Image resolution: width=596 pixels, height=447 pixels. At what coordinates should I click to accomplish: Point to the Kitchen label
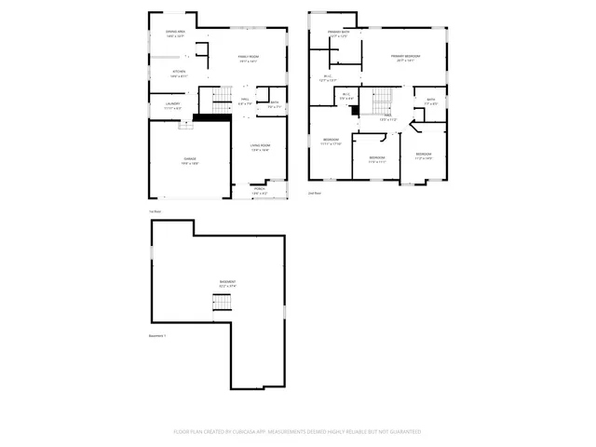point(179,72)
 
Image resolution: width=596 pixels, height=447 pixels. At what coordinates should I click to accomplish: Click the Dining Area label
point(175,33)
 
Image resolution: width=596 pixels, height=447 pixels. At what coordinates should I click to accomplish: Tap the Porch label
point(259,190)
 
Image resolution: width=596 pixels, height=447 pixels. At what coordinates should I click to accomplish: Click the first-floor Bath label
point(275,104)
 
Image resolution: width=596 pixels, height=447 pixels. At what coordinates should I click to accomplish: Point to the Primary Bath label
point(339,34)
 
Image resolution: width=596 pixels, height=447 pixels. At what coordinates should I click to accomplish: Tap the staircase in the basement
point(221,304)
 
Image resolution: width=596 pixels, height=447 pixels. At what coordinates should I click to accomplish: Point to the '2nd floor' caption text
point(314,193)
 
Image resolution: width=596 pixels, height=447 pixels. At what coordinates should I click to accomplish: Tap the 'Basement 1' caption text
point(157,336)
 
